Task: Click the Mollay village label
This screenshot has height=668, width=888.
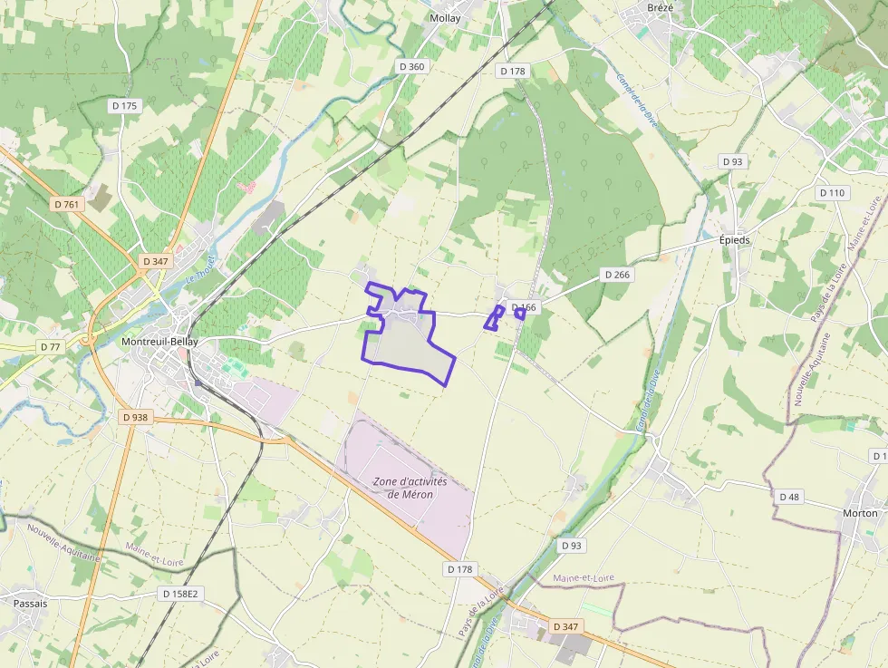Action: pyautogui.click(x=445, y=18)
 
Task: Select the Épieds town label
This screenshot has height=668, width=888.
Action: pyautogui.click(x=734, y=240)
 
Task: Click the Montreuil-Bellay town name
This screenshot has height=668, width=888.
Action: pyautogui.click(x=159, y=342)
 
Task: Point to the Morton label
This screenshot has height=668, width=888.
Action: pyautogui.click(x=860, y=513)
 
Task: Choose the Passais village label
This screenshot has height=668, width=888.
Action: pyautogui.click(x=30, y=602)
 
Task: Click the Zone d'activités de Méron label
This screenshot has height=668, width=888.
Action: pyautogui.click(x=410, y=488)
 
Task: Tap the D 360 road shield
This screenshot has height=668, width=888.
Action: pyautogui.click(x=411, y=66)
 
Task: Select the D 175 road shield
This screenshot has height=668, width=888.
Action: pyautogui.click(x=124, y=106)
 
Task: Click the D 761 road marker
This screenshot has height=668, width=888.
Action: pyautogui.click(x=67, y=204)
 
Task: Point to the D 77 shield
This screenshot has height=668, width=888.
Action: pyautogui.click(x=50, y=346)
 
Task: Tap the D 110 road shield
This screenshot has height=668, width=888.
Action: pyautogui.click(x=832, y=193)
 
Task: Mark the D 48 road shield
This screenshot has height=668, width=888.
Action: pyautogui.click(x=789, y=496)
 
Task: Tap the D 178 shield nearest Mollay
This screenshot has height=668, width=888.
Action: pyautogui.click(x=512, y=71)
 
